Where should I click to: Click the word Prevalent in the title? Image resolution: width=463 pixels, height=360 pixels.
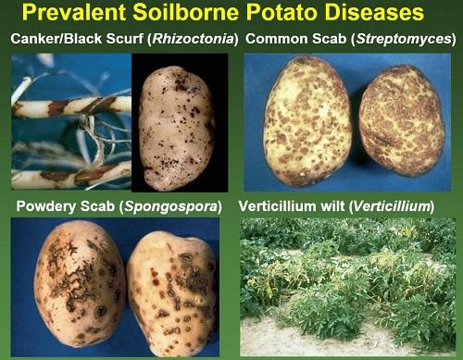(74, 12)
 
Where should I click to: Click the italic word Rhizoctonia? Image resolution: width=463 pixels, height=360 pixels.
(194, 39)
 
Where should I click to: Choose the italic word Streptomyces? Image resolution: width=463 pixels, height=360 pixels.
(403, 39)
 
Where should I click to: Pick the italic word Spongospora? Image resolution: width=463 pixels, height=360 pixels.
(170, 206)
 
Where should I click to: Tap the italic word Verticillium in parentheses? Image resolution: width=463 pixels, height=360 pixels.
(392, 206)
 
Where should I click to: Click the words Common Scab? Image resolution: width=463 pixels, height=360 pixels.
(295, 39)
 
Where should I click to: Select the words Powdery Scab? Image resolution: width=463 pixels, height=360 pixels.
(65, 206)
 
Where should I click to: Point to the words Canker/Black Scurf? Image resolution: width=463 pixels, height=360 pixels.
(77, 39)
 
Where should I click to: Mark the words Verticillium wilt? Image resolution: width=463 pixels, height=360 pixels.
(291, 206)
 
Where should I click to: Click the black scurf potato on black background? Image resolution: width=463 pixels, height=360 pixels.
(177, 127)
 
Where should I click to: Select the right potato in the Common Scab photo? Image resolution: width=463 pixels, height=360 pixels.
(402, 121)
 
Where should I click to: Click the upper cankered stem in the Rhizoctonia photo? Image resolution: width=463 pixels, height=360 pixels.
(71, 106)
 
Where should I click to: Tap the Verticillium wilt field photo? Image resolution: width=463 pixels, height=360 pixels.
(348, 287)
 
